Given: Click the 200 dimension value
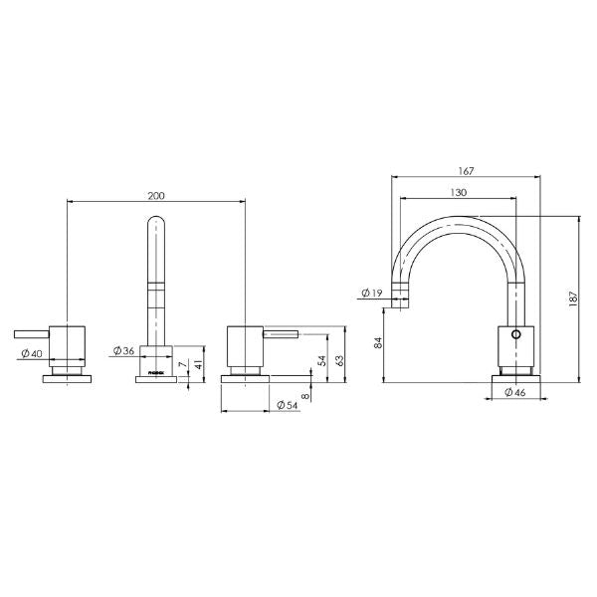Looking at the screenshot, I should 156,195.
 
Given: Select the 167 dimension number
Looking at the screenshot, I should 468,170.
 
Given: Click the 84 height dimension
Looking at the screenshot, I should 377,343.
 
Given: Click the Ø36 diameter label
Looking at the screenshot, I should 124,350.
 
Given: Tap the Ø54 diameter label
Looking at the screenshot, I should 289,406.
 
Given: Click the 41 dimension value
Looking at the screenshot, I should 200,365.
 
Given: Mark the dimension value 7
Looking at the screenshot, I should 183,365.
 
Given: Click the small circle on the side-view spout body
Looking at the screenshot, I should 514,334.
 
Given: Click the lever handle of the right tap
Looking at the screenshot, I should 283,332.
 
